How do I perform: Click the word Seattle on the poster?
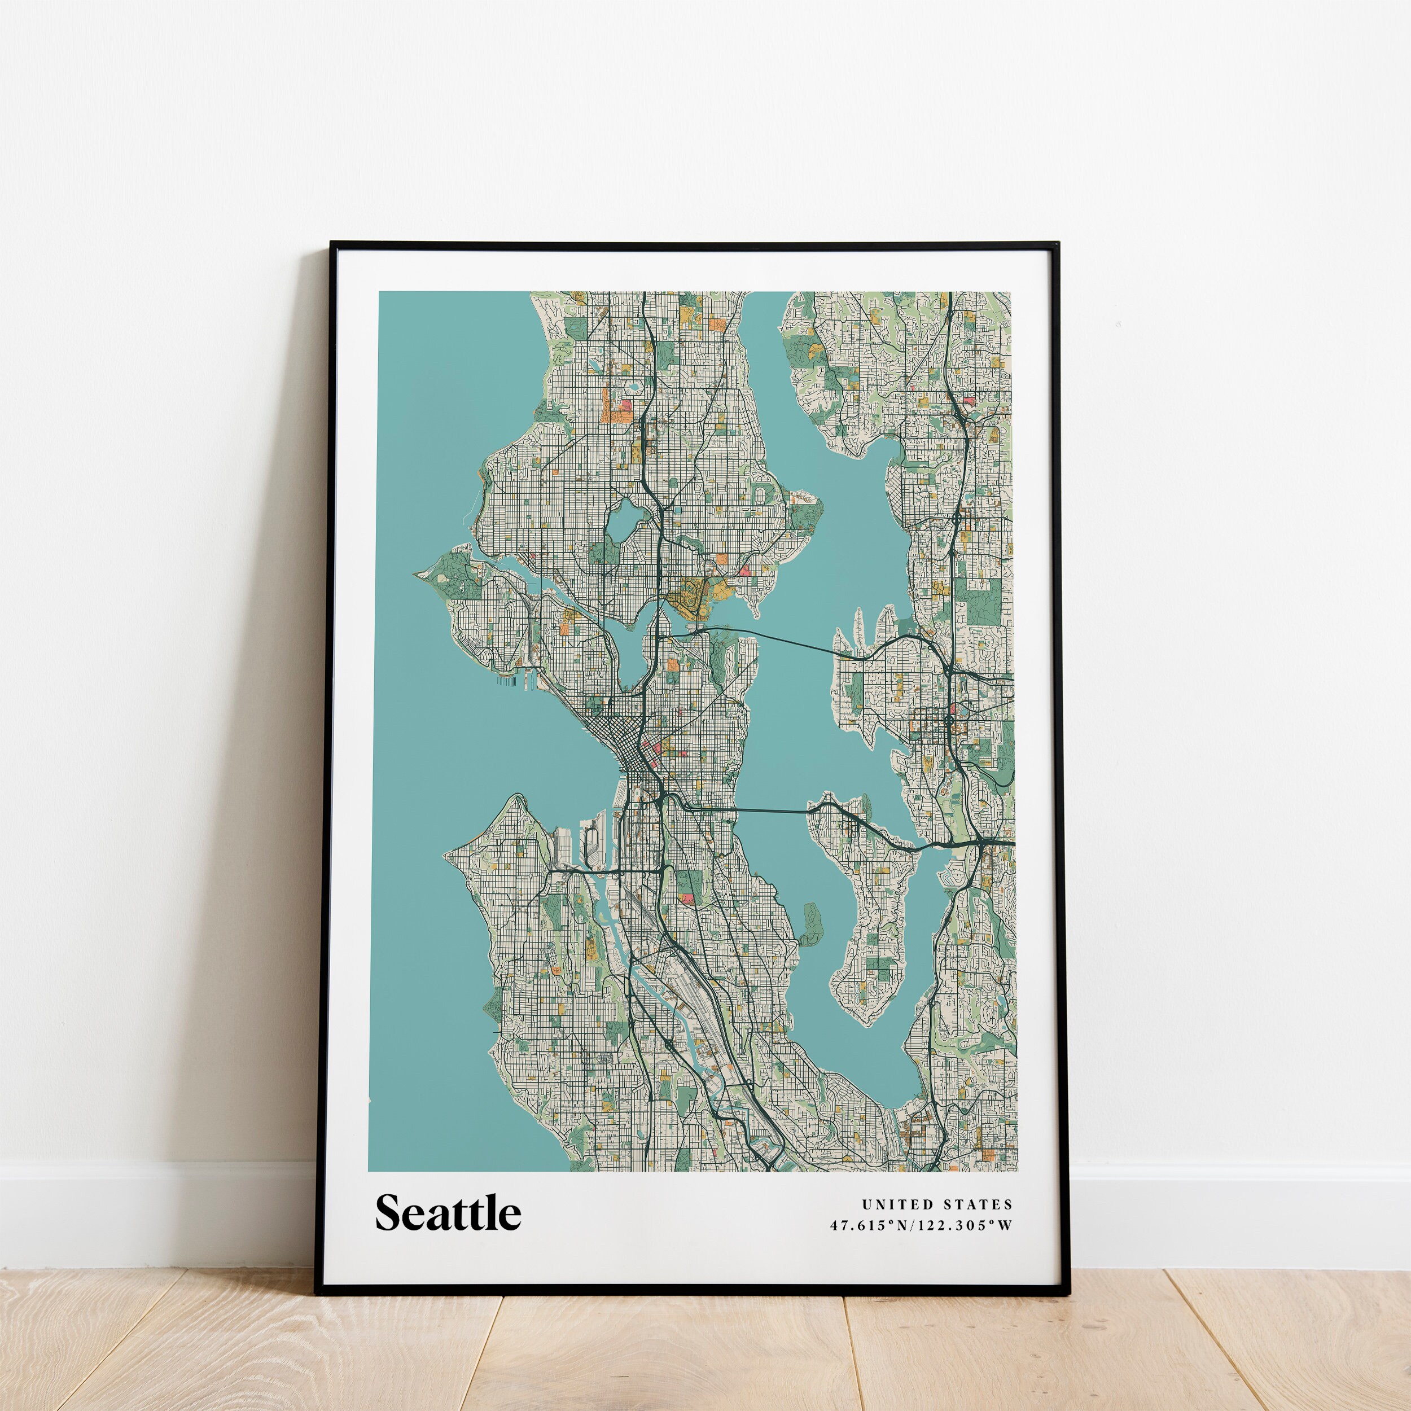(x=448, y=1213)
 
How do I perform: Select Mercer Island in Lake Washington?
(x=870, y=913)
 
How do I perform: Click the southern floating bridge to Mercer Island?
(x=767, y=810)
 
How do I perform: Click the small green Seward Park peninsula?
(x=812, y=924)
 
